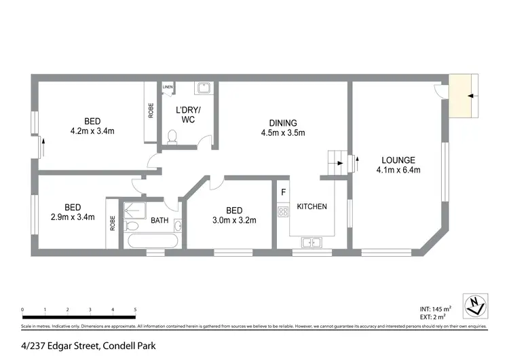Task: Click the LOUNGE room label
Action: tap(398, 160)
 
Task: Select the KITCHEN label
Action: tap(312, 206)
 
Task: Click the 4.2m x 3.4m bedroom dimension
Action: tap(92, 130)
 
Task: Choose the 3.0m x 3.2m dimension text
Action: tap(231, 220)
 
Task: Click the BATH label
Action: tap(159, 220)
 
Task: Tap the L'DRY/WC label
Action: tap(186, 115)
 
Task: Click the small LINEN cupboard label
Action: tap(168, 88)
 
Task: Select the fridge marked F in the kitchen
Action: tap(283, 193)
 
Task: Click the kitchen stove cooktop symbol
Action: tap(283, 211)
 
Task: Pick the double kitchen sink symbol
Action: tap(312, 240)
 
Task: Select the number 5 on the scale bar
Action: tap(136, 309)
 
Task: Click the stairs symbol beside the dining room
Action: tap(335, 162)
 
